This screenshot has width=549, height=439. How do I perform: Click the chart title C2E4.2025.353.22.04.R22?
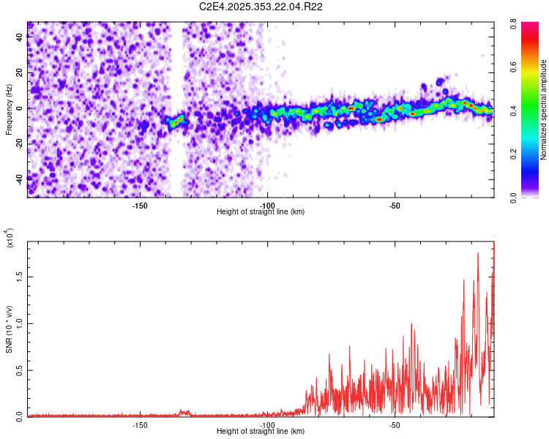click(261, 7)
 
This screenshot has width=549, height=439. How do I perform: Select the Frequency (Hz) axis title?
click(9, 110)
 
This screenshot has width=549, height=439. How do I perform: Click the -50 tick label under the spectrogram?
click(395, 205)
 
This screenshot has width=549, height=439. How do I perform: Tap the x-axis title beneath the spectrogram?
click(261, 212)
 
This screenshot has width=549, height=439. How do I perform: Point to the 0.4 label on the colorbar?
click(526, 111)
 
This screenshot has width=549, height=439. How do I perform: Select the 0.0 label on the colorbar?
click(526, 197)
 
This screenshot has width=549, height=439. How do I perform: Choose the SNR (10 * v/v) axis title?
click(10, 329)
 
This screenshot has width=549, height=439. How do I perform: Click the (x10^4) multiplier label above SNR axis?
click(10, 238)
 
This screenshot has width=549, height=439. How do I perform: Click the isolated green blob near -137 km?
click(175, 121)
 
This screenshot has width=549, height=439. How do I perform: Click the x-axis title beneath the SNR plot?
click(261, 432)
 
